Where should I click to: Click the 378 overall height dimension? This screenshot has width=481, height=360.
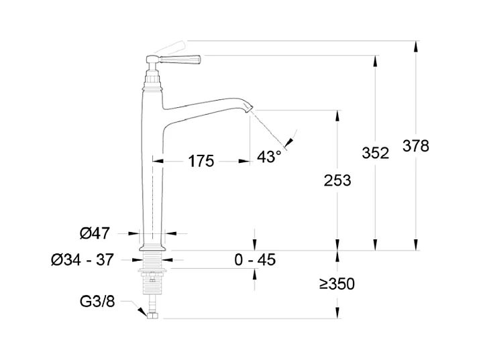click(x=416, y=145)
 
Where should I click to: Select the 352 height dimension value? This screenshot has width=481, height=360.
click(x=375, y=153)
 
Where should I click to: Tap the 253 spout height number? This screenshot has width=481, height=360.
click(x=337, y=180)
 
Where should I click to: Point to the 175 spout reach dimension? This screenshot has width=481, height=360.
click(x=201, y=161)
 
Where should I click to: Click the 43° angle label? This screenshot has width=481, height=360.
click(x=269, y=157)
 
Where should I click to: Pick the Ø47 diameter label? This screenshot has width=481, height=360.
click(x=95, y=233)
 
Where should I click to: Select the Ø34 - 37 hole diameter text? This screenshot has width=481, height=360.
click(x=83, y=259)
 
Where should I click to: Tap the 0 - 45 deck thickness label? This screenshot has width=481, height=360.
click(x=255, y=259)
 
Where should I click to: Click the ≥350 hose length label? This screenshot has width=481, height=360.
click(x=337, y=284)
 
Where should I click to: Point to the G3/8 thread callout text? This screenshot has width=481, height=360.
click(x=97, y=302)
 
